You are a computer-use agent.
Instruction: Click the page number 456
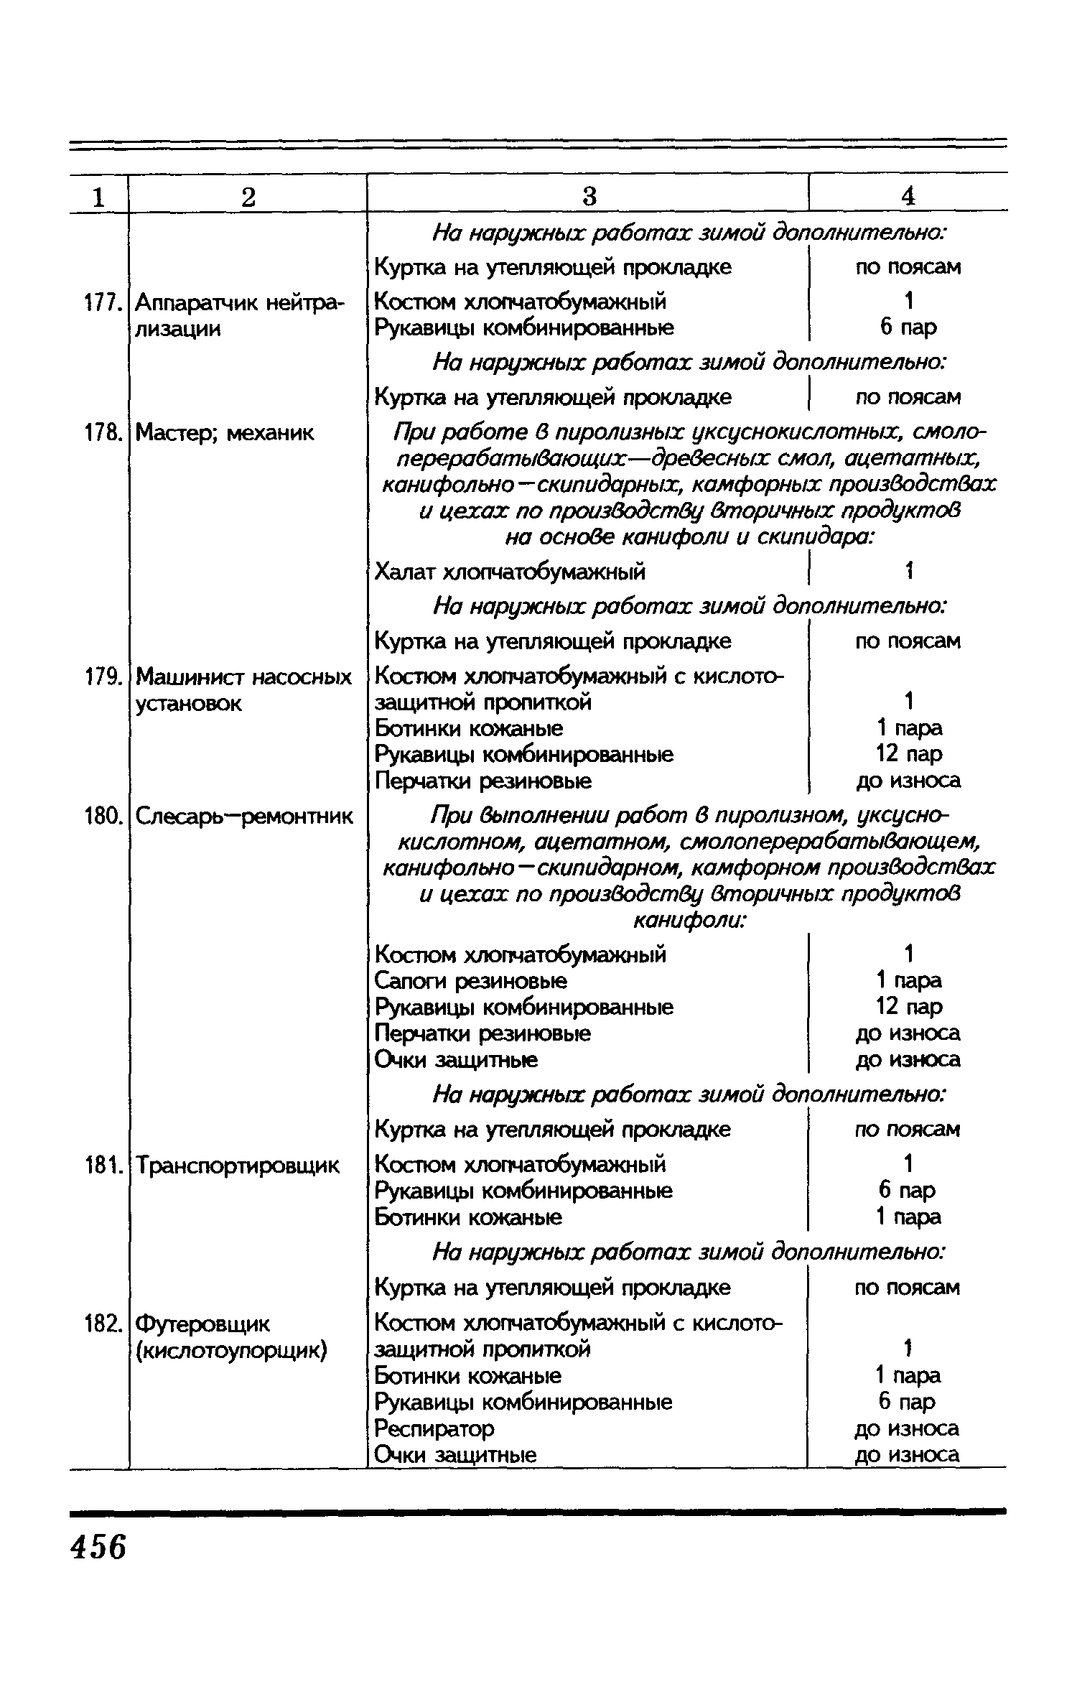click(98, 1545)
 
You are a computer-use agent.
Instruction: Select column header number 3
click(589, 196)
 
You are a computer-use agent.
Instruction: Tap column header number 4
click(908, 196)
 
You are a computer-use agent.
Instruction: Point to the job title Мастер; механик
click(225, 433)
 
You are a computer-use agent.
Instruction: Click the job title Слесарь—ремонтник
click(244, 817)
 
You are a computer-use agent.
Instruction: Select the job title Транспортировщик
click(238, 1165)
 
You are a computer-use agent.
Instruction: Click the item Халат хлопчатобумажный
click(510, 572)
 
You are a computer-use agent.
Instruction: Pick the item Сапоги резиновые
click(471, 981)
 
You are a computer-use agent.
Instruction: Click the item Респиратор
click(434, 1428)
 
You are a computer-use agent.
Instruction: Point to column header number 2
click(248, 196)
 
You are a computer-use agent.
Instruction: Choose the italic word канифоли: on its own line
click(689, 921)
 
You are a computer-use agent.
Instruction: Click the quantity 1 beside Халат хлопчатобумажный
click(908, 572)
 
